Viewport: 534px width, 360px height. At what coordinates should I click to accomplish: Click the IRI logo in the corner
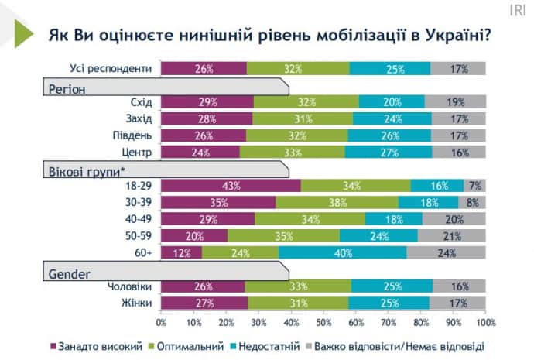tap(517, 11)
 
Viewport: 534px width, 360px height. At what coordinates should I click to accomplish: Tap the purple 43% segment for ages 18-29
tap(231, 186)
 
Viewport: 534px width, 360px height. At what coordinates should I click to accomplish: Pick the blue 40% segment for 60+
tap(343, 252)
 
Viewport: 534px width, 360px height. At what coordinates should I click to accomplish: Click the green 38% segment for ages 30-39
tap(337, 202)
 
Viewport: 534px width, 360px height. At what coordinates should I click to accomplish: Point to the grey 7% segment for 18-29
tap(474, 186)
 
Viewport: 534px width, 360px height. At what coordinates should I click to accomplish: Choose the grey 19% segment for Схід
tap(455, 101)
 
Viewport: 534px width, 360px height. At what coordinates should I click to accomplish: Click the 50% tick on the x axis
tap(323, 320)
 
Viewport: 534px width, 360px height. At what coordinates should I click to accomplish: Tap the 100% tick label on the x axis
tap(485, 320)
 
